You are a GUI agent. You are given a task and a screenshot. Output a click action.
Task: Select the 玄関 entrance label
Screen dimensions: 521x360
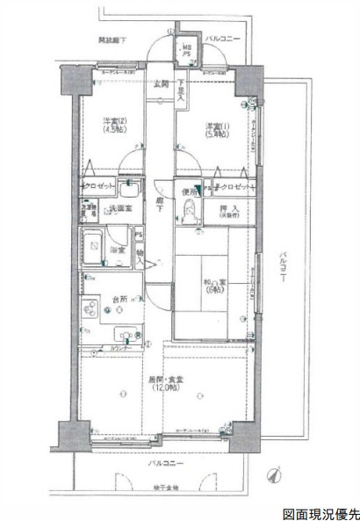coord(160,84)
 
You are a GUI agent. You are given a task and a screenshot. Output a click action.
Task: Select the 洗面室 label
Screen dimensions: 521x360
coord(119,208)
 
